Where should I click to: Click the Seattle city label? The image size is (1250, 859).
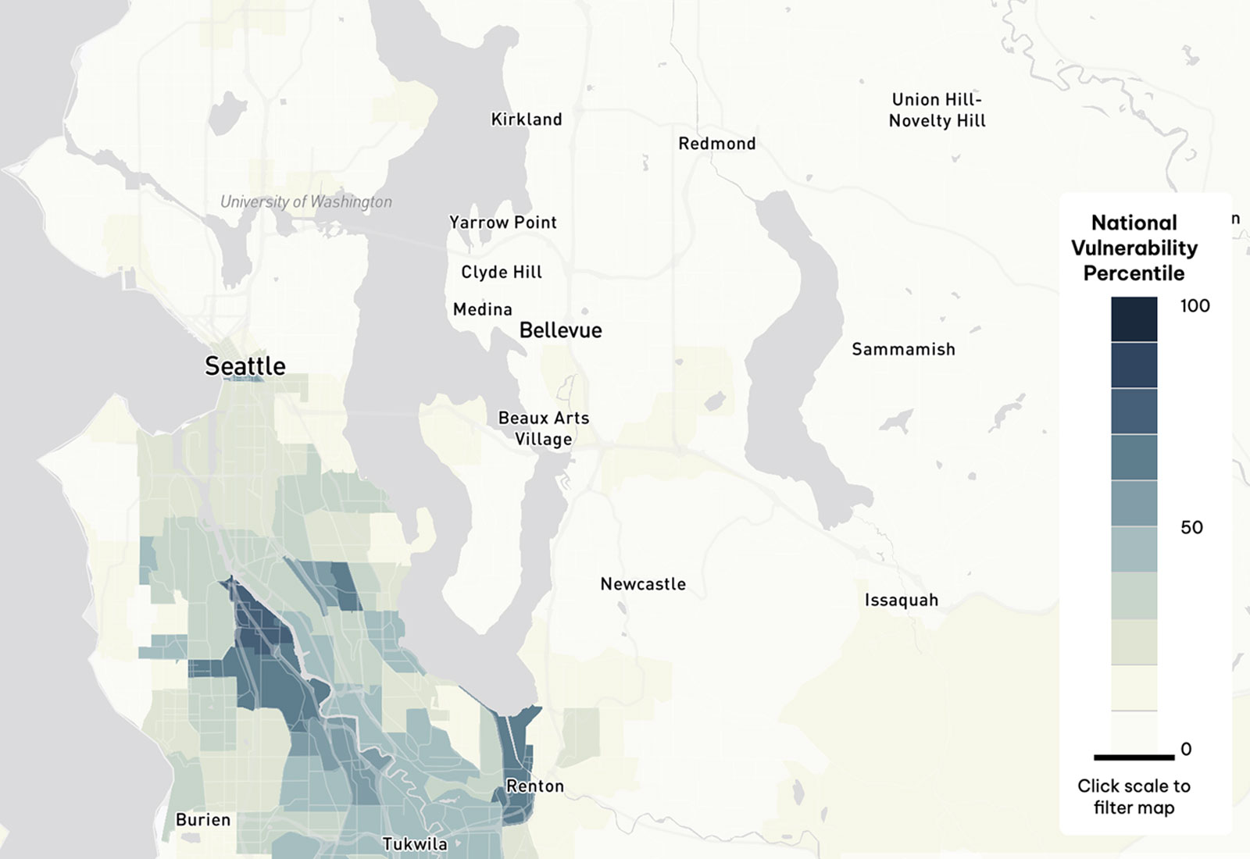pos(245,365)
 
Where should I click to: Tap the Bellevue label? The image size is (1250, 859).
pos(560,330)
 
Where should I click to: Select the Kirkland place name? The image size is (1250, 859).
pos(527,119)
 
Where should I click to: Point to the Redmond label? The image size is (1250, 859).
pos(716,144)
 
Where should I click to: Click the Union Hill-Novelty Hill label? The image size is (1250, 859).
pos(937,110)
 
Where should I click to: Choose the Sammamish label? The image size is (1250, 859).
pos(903,349)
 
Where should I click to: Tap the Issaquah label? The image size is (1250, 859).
pos(901,601)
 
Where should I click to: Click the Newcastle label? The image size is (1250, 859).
pos(643,584)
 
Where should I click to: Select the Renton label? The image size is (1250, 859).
pos(535,786)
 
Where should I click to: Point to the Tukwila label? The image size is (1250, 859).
pos(415,844)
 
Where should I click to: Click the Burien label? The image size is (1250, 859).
pos(203,820)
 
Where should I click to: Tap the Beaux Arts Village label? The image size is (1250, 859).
pos(544,429)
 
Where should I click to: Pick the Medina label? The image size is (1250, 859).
pos(483,309)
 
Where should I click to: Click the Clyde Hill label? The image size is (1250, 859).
pos(502,272)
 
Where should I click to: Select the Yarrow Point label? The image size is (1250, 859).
pos(502,223)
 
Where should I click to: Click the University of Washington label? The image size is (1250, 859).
pos(306,201)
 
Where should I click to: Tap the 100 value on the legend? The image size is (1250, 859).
pos(1195,306)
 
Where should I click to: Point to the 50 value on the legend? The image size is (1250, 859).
pos(1191,528)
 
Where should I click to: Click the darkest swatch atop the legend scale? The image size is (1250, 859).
pos(1134,319)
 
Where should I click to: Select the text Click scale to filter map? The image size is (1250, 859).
pos(1134,797)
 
